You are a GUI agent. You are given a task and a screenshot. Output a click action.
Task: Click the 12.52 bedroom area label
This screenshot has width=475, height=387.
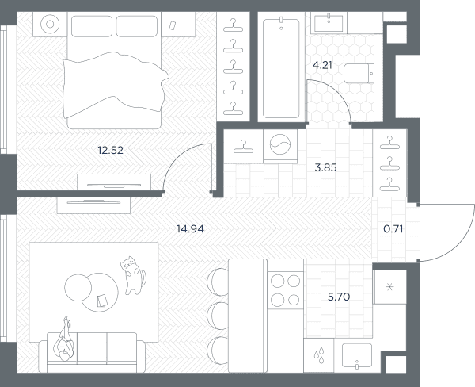(111, 150)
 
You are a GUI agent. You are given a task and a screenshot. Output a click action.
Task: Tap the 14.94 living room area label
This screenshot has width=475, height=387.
(190, 229)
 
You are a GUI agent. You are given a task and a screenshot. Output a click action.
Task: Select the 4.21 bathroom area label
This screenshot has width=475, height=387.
(322, 65)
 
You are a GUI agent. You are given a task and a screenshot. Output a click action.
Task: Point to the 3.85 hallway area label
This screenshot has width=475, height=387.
(325, 167)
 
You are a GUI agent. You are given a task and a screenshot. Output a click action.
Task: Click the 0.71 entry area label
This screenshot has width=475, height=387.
(393, 229)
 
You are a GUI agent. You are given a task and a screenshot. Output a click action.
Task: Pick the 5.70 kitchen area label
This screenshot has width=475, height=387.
(339, 297)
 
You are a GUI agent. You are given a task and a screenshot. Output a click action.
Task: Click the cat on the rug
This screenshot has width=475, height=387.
(133, 275)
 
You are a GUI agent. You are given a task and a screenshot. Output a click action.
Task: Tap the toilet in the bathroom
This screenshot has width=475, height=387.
(359, 73)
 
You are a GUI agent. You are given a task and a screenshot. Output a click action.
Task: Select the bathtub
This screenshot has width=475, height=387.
(281, 68)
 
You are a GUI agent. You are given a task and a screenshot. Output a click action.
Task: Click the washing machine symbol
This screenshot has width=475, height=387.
(280, 144)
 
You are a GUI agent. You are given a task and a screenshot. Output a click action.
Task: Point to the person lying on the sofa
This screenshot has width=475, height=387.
(64, 340)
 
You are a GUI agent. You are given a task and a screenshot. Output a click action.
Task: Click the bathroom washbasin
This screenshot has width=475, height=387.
(329, 23)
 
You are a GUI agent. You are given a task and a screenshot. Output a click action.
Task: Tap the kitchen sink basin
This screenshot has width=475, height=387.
(357, 355)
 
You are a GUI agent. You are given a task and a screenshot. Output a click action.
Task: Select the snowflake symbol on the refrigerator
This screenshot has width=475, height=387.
(389, 287)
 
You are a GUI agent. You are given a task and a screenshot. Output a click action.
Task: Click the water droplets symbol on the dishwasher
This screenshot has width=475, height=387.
(319, 355)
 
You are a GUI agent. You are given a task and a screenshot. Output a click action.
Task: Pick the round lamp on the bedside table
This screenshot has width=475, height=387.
(50, 24)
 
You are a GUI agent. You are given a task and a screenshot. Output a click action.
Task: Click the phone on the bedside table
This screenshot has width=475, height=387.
(173, 25)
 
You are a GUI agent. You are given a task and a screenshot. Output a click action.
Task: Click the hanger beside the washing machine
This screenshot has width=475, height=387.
(243, 147)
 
